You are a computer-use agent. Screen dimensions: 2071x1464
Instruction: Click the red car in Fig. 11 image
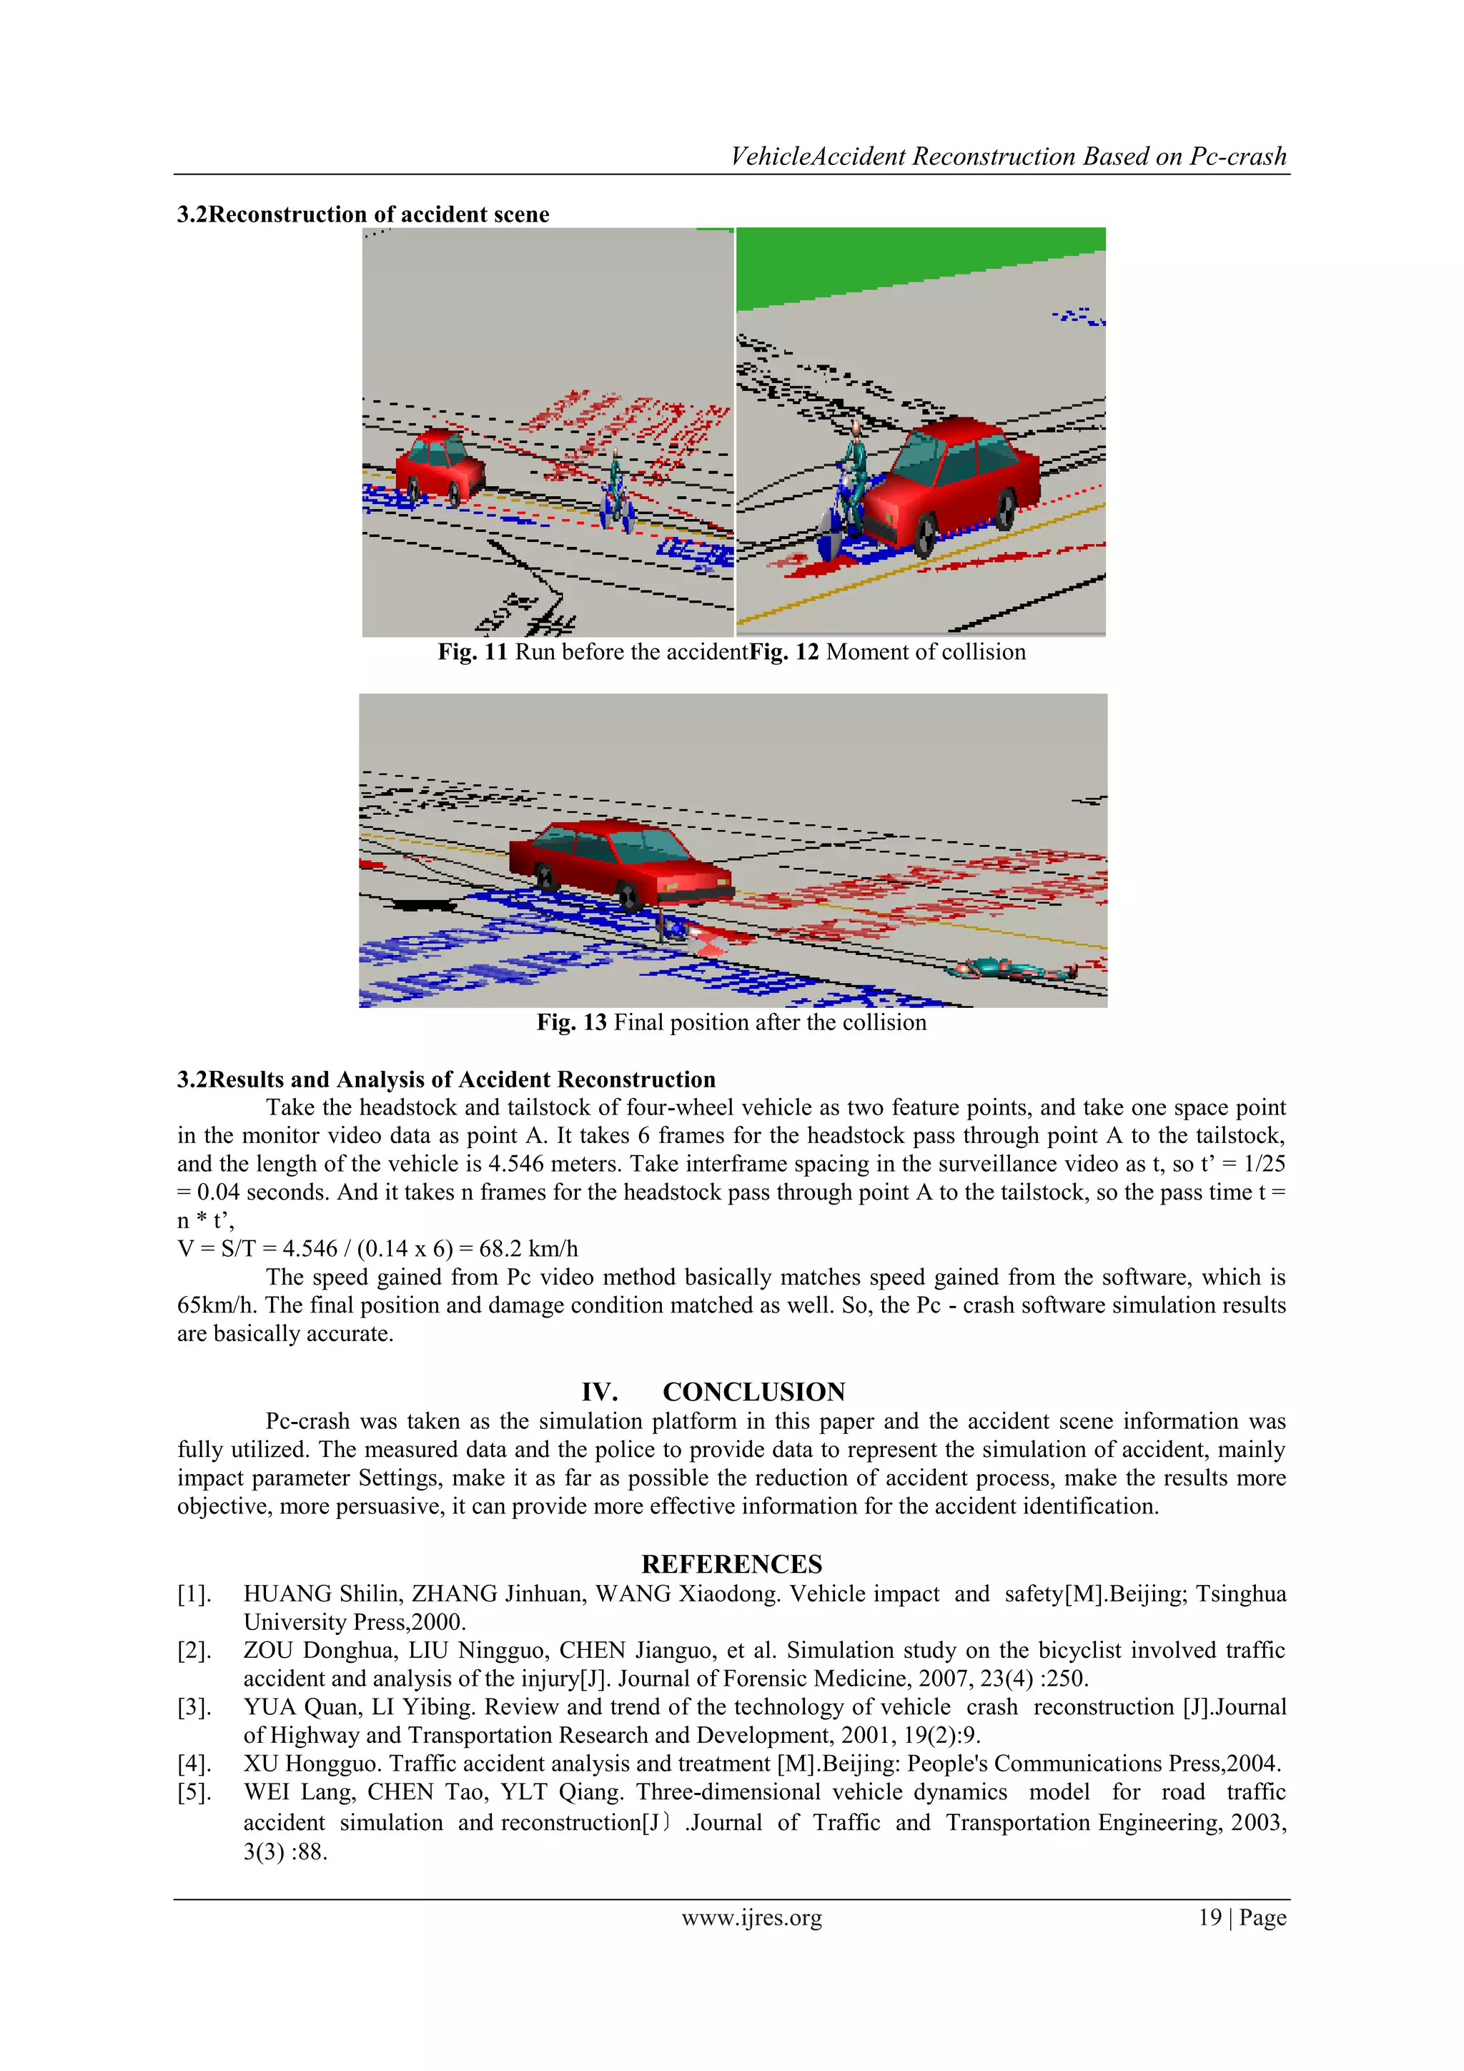click(x=440, y=465)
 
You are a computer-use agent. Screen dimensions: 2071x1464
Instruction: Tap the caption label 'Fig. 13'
click(x=571, y=1022)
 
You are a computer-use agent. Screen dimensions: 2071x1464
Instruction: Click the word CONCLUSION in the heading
click(x=753, y=1392)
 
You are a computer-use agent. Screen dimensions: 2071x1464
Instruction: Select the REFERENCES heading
click(x=731, y=1564)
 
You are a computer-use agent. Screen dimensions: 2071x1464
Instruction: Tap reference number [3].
click(x=194, y=1706)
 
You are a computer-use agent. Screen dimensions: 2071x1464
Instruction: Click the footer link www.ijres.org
click(x=751, y=1918)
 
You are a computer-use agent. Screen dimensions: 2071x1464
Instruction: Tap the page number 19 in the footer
click(x=1210, y=1918)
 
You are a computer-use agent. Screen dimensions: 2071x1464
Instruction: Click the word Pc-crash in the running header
click(x=1237, y=157)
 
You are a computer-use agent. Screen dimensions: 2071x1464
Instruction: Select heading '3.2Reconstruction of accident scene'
click(x=362, y=214)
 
